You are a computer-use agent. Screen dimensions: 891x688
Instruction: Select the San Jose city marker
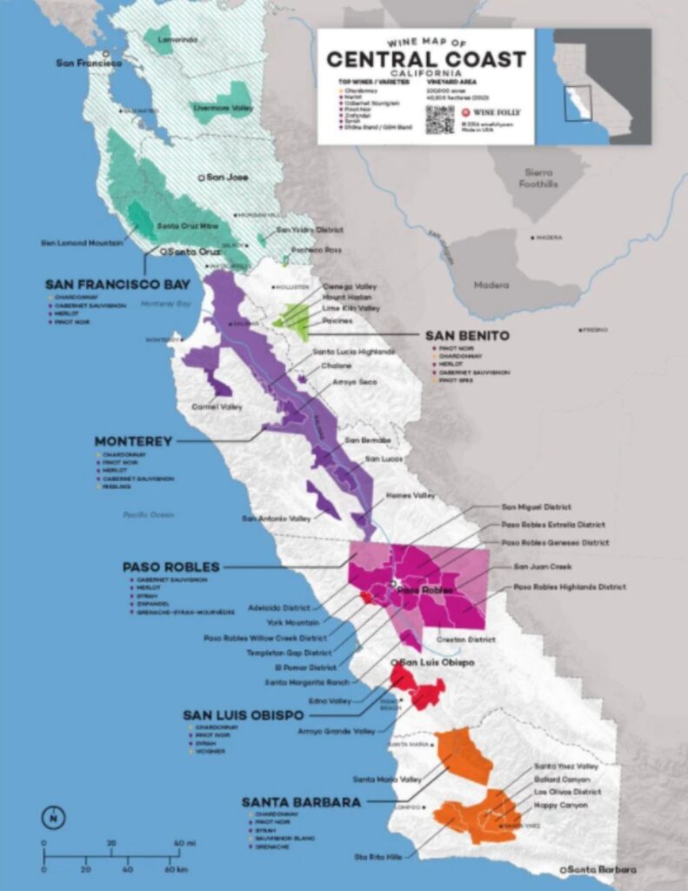(202, 177)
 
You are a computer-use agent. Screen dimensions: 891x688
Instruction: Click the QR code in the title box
(439, 119)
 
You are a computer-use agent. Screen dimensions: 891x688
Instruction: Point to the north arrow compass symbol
(53, 817)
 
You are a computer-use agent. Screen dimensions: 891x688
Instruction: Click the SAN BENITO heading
(466, 336)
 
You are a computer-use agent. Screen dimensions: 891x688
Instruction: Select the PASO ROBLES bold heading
(170, 566)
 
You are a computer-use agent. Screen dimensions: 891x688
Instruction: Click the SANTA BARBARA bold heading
(301, 801)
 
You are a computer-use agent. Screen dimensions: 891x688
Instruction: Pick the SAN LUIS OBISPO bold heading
(243, 714)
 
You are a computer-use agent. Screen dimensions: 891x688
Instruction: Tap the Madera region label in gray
(491, 285)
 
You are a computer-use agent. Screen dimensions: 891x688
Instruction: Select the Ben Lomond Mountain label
(83, 243)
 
